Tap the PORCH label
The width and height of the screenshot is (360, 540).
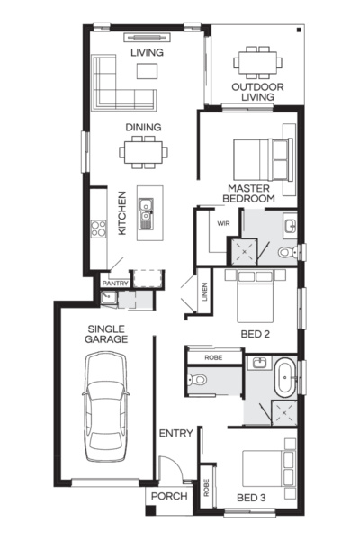[x=168, y=497]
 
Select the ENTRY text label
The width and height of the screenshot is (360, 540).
[x=175, y=434]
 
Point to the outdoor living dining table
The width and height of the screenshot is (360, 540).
[x=257, y=64]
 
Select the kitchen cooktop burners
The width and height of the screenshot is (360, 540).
[x=98, y=229]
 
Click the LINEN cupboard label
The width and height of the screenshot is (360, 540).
[x=205, y=293]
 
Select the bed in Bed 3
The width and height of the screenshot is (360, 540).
[x=270, y=468]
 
